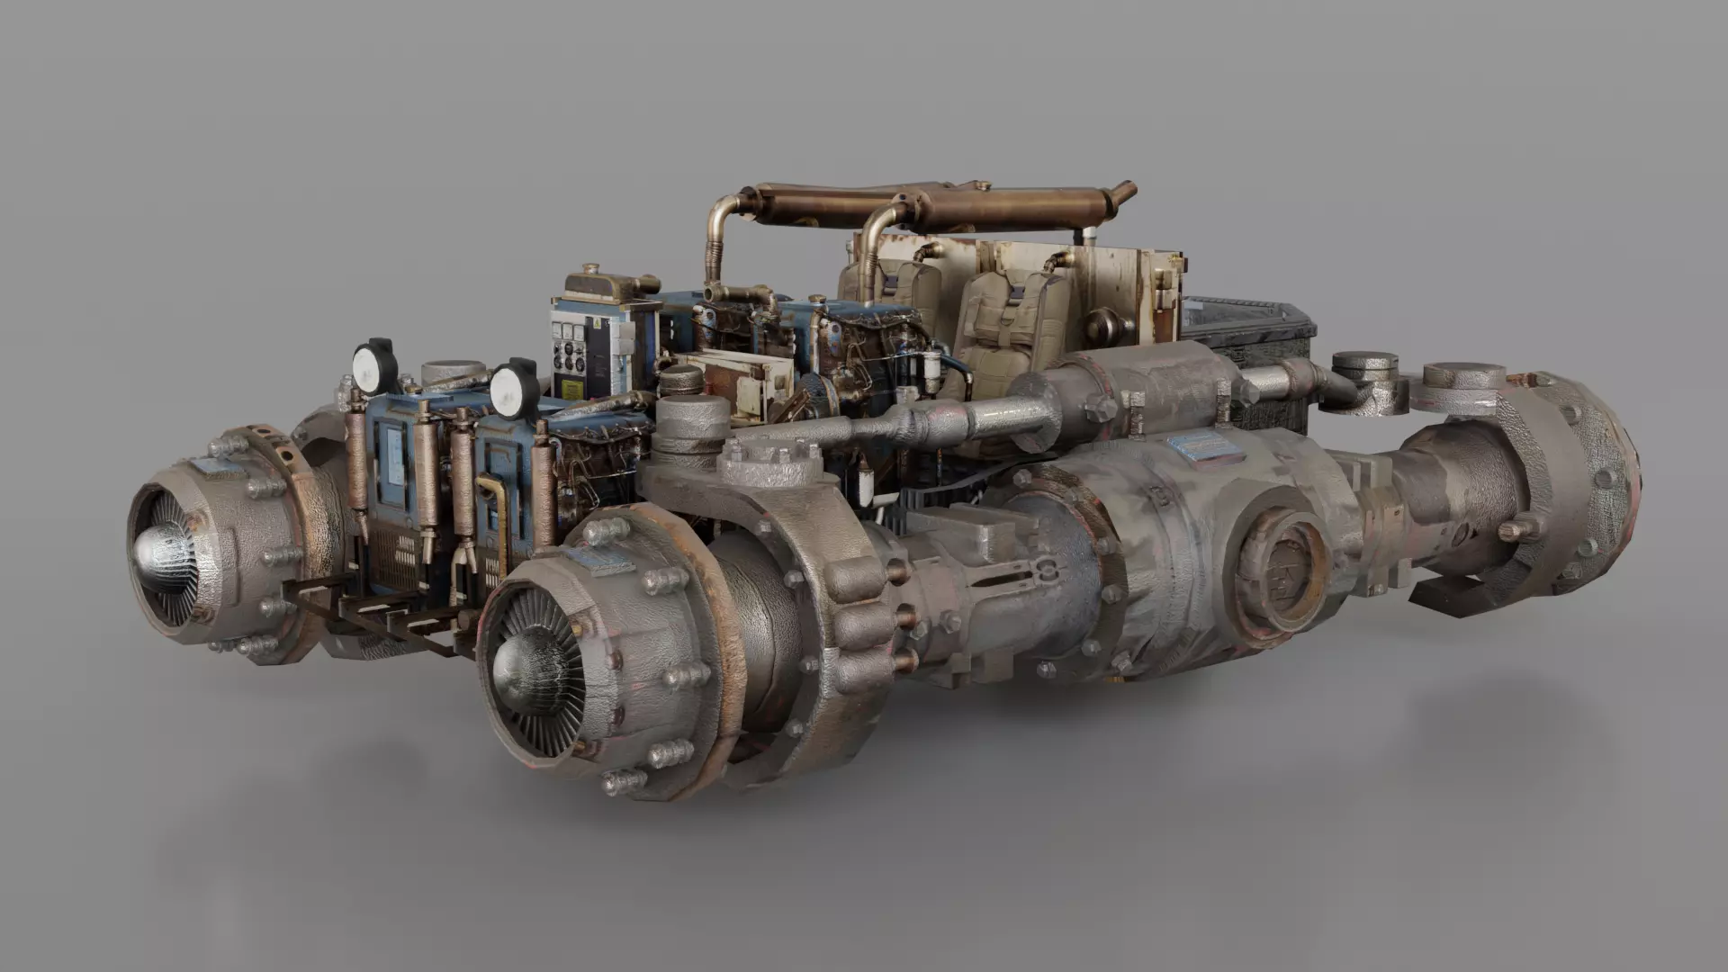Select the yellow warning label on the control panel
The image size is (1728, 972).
pos(571,389)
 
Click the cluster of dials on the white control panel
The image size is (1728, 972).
pos(570,356)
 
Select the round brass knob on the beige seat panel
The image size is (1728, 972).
pos(1100,323)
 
